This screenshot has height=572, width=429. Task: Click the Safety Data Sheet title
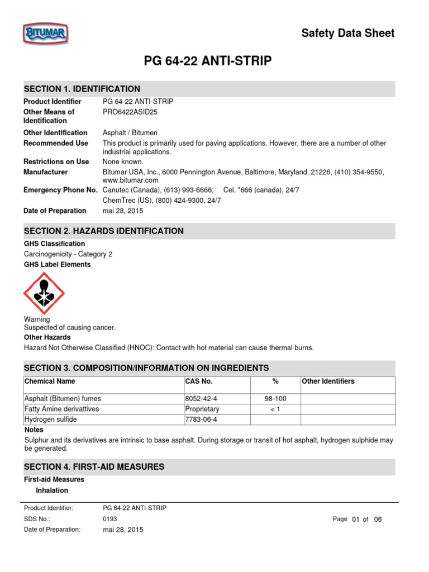pyautogui.click(x=347, y=33)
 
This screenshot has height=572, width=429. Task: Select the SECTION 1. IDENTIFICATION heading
pyautogui.click(x=82, y=89)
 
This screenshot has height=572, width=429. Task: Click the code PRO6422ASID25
pyautogui.click(x=128, y=112)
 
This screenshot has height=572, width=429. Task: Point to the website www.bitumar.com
pyautogui.click(x=130, y=180)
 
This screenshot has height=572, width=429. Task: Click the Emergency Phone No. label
pyautogui.click(x=60, y=190)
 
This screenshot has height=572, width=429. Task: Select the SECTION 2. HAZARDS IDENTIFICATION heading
pyautogui.click(x=103, y=231)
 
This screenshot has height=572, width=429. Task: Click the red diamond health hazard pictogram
pyautogui.click(x=44, y=293)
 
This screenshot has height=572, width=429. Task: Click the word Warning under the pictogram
pyautogui.click(x=37, y=320)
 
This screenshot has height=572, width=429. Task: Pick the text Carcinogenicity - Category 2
pyautogui.click(x=68, y=254)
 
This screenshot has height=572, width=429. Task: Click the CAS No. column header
pyautogui.click(x=198, y=382)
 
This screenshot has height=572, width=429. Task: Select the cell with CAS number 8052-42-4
pyautogui.click(x=201, y=399)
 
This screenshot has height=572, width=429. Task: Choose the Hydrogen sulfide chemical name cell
pyautogui.click(x=50, y=420)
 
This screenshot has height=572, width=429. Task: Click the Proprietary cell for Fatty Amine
pyautogui.click(x=202, y=409)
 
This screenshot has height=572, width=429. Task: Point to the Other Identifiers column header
pyautogui.click(x=328, y=382)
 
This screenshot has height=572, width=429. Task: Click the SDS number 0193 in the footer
pyautogui.click(x=110, y=519)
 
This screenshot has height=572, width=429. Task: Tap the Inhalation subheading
pyautogui.click(x=52, y=490)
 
